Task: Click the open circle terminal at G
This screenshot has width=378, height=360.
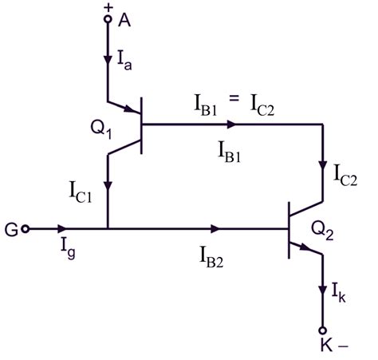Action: [x=26, y=229]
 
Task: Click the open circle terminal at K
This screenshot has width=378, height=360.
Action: [x=323, y=329]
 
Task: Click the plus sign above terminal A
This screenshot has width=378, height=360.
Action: [x=108, y=7]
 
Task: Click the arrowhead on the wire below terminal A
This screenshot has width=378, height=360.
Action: [x=108, y=60]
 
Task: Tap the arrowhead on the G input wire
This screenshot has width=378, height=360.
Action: [x=64, y=229]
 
